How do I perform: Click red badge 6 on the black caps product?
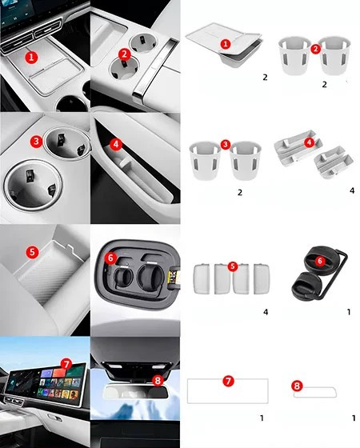tap(320, 261)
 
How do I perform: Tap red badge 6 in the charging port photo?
tap(110, 258)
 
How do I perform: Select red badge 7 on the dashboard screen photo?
tap(66, 365)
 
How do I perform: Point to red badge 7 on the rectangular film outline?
tap(228, 381)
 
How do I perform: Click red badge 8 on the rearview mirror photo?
tap(158, 380)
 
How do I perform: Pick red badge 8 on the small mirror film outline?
tap(297, 386)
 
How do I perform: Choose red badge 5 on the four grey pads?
tap(233, 266)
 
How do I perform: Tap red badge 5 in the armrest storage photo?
tap(32, 252)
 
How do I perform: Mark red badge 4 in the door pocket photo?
tap(116, 145)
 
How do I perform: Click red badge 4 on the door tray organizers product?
tap(309, 142)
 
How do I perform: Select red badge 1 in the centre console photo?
tap(31, 58)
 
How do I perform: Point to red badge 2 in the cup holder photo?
tap(124, 54)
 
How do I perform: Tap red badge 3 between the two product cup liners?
tap(226, 144)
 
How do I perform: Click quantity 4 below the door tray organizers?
tap(352, 190)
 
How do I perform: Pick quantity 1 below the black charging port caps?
tap(349, 312)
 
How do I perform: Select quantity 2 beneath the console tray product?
tap(265, 77)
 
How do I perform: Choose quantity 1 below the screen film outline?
tap(262, 418)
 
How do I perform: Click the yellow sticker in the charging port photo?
tap(174, 277)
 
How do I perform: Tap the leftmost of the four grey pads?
tap(202, 279)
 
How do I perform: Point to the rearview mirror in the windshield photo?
tap(135, 392)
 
